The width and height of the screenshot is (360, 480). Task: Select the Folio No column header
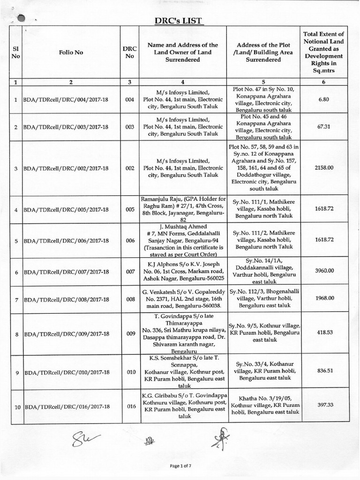(x=71, y=52)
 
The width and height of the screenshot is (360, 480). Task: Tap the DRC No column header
(x=130, y=52)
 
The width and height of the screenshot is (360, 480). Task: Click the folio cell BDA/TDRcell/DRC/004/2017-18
(x=66, y=100)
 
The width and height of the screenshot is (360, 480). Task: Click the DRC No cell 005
(x=130, y=209)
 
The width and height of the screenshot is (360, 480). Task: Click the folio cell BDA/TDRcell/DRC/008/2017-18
(x=66, y=298)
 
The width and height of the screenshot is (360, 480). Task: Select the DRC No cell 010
(x=130, y=372)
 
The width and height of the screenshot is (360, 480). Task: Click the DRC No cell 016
(x=130, y=407)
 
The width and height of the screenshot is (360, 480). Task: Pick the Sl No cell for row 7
(x=16, y=298)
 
